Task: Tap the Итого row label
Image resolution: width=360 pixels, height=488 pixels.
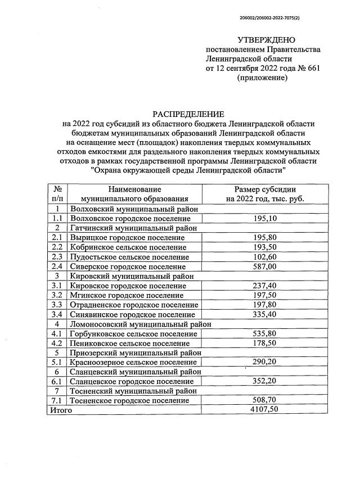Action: [x=61, y=410]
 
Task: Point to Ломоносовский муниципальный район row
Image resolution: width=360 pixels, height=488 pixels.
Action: [x=140, y=324]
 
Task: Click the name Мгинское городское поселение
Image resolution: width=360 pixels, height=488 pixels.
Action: [x=127, y=295]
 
